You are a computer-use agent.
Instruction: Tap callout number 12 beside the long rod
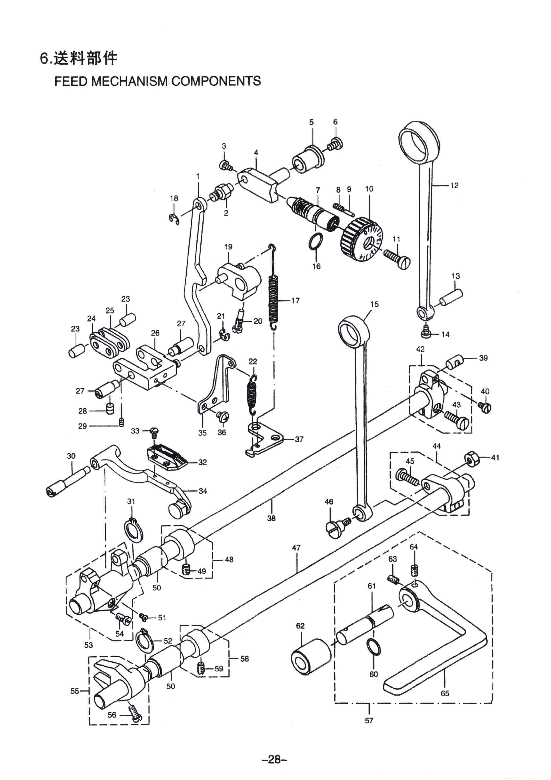[454, 185]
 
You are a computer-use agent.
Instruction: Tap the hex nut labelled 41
[470, 459]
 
